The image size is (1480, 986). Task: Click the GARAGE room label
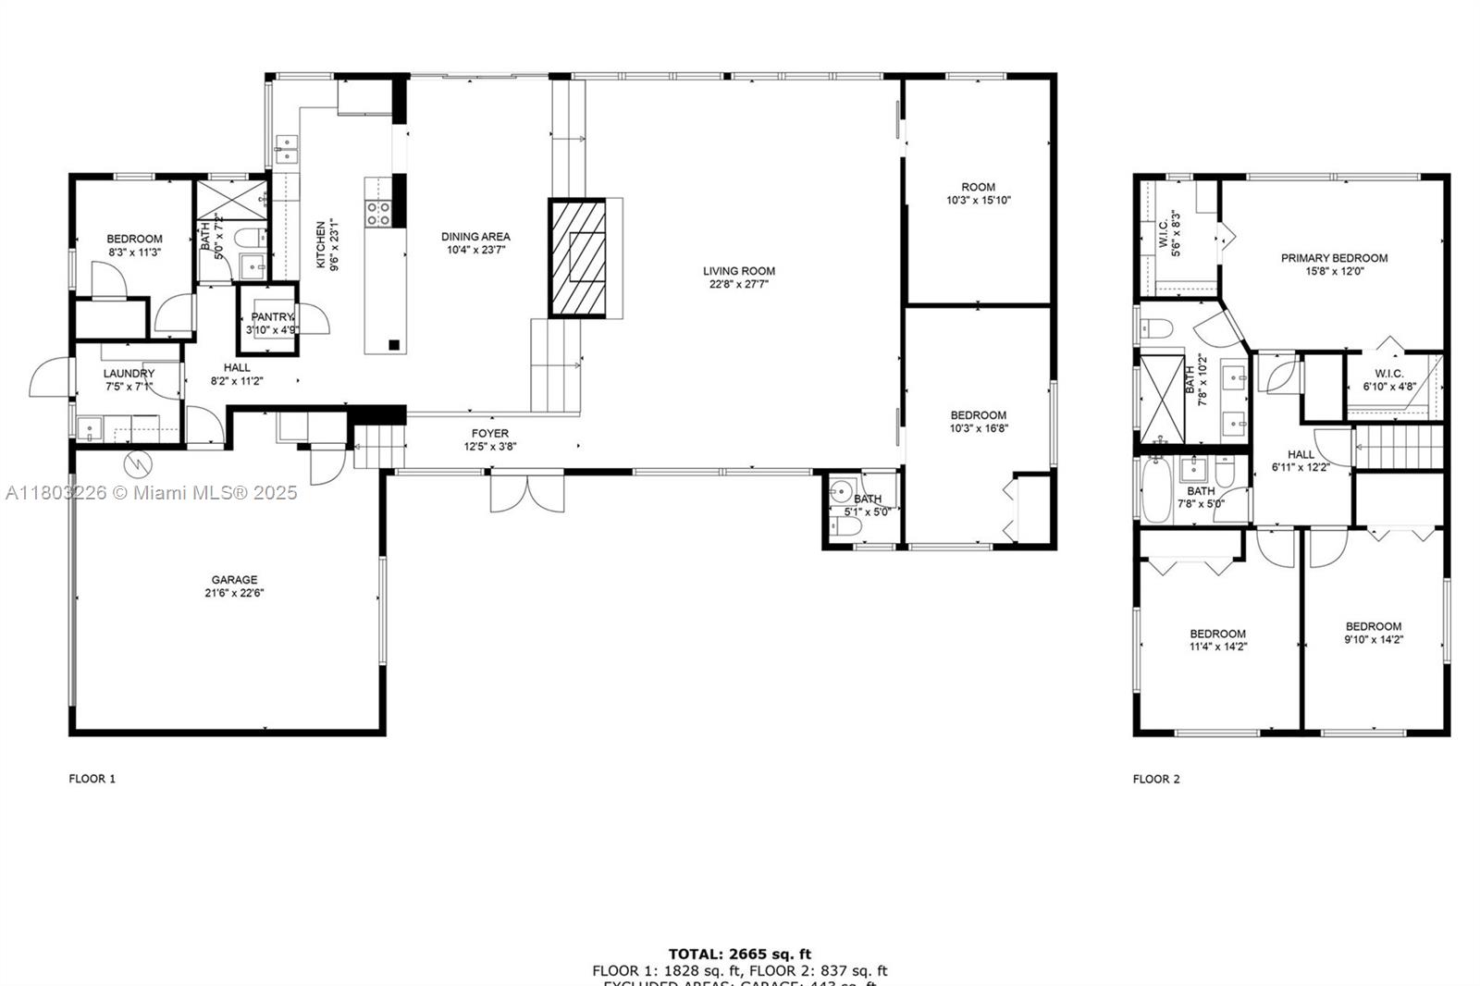point(234,580)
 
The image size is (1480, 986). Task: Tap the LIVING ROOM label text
point(738,271)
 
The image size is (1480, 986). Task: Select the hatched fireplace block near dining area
point(578,258)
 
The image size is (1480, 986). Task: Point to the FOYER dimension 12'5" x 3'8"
point(490,447)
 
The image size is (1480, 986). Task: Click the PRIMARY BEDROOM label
point(1334,258)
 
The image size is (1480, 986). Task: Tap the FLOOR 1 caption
point(92,779)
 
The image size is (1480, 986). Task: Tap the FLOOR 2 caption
point(1156,779)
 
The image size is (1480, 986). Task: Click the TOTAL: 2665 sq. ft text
point(740,954)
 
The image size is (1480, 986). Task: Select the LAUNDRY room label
point(129,374)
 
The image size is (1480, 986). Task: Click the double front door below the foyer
point(526,491)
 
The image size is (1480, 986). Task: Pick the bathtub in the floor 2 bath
point(1156,491)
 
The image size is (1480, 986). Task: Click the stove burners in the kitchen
point(377,214)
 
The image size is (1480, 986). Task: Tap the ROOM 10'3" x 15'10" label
point(978,193)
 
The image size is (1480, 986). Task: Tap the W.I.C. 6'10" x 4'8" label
point(1388,380)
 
